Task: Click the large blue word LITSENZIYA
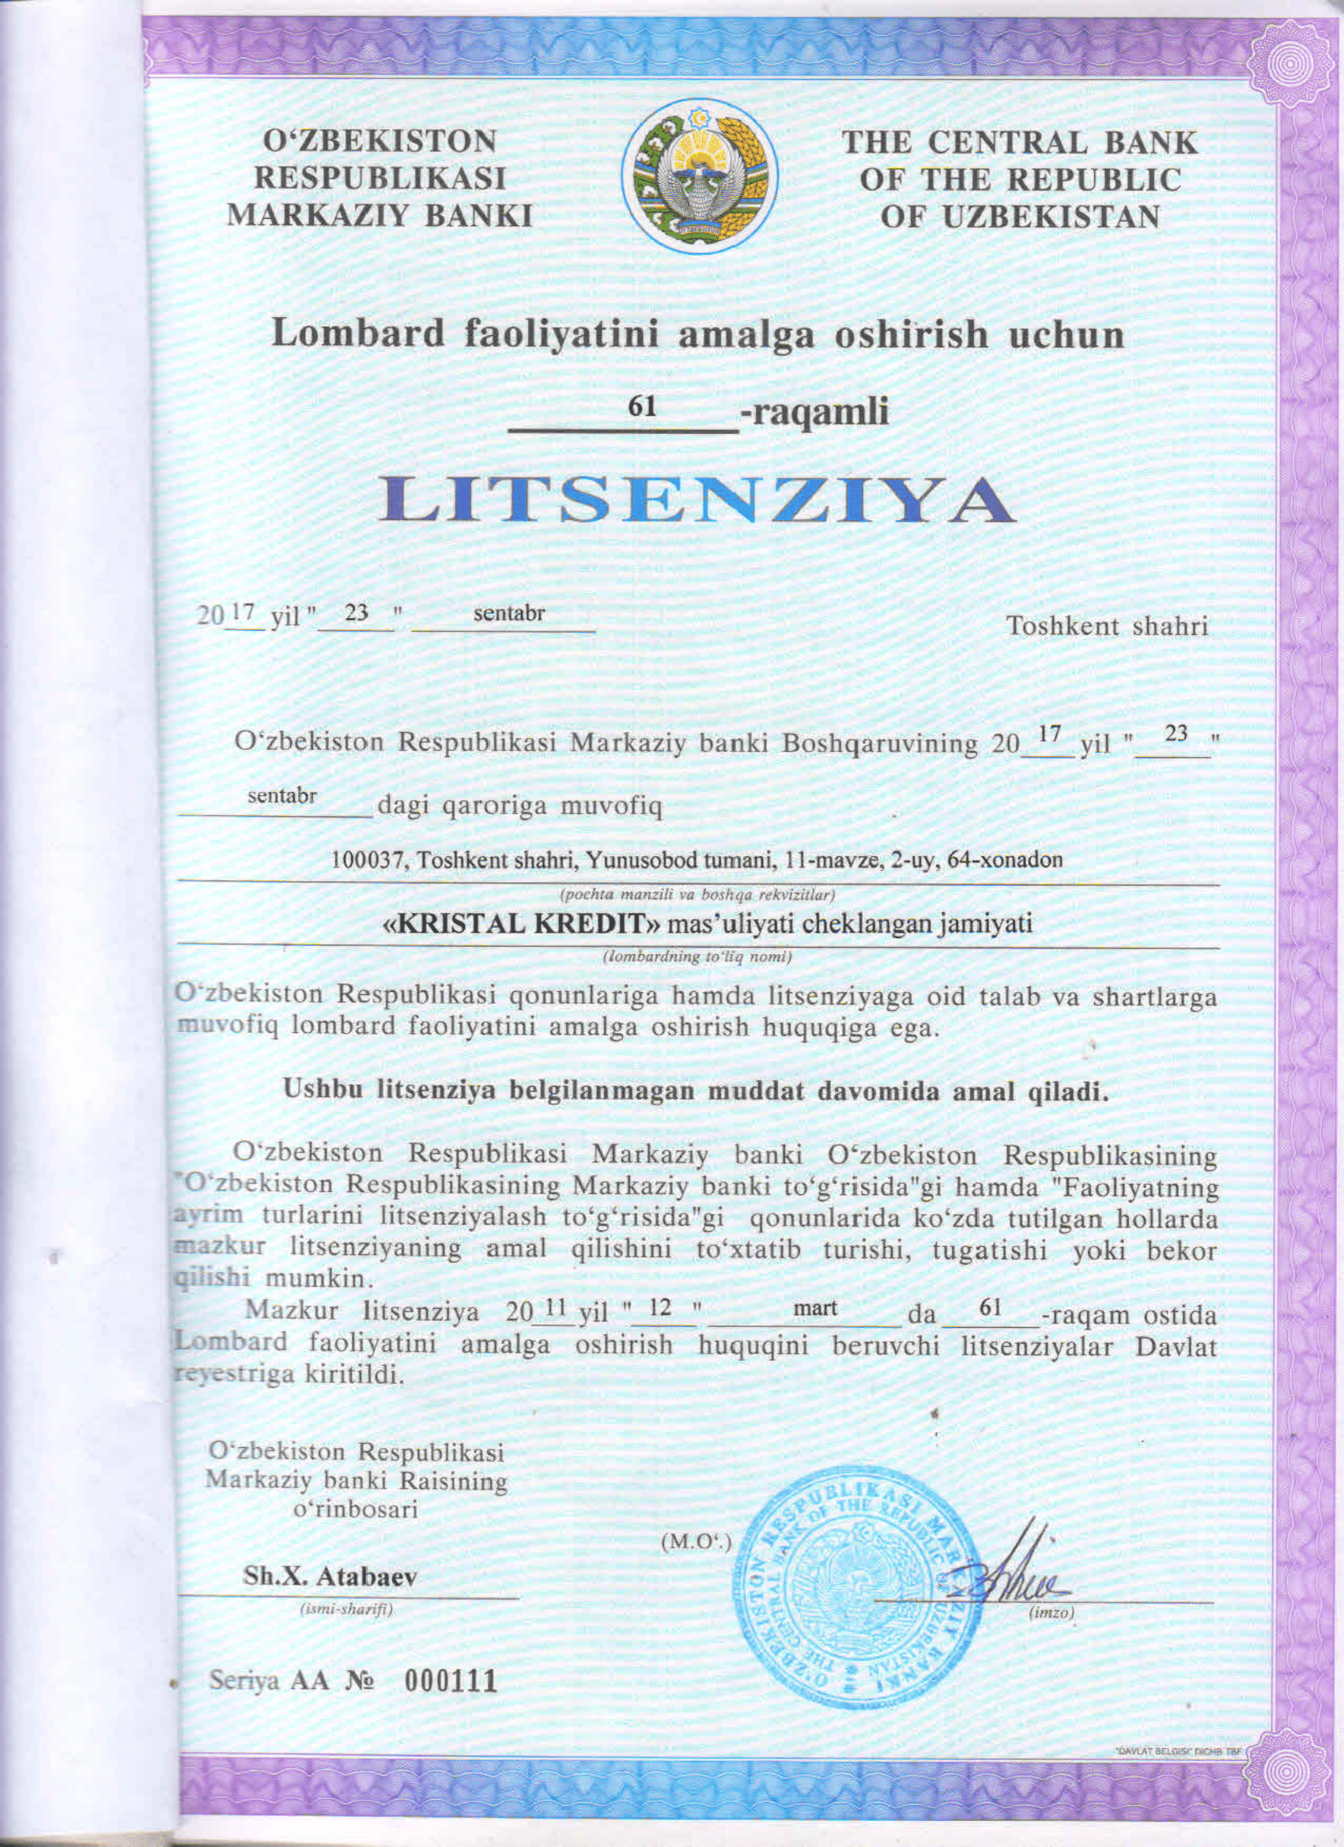point(697,500)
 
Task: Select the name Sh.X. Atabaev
point(330,1576)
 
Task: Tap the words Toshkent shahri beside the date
point(1107,625)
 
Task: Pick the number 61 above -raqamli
point(643,406)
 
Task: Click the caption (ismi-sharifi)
point(346,1609)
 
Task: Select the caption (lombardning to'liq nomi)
point(697,958)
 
